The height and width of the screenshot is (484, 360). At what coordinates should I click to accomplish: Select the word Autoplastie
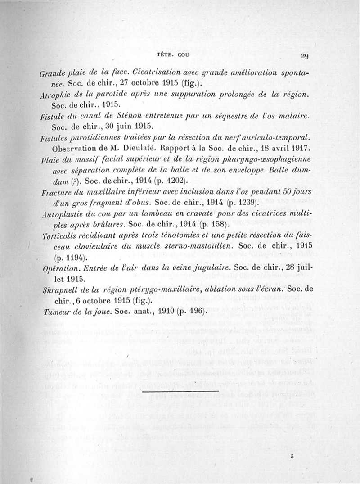point(61,214)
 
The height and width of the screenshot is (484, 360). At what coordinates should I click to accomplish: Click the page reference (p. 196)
point(193,311)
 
